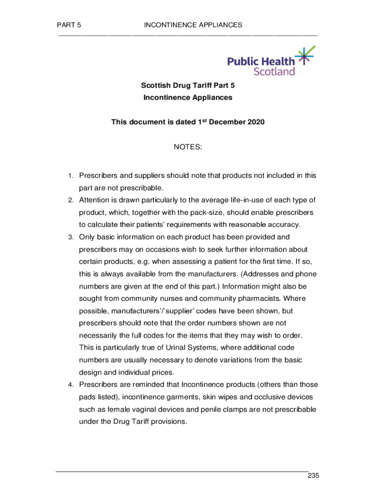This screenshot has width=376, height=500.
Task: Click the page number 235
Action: (x=313, y=476)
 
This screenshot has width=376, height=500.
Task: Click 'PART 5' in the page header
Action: (x=69, y=25)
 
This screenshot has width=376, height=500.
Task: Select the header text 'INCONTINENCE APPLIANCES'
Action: (x=193, y=25)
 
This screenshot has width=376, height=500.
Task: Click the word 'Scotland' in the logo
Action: (x=274, y=71)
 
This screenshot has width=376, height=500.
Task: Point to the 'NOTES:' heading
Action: (x=188, y=146)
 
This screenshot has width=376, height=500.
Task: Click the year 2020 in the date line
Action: (x=255, y=122)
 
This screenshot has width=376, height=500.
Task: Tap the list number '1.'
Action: (x=70, y=176)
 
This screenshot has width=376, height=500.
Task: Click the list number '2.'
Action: (x=70, y=200)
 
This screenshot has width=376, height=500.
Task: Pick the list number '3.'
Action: (x=70, y=237)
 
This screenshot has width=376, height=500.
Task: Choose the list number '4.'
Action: (x=70, y=384)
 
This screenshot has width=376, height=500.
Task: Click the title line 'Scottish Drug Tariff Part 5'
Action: (x=188, y=85)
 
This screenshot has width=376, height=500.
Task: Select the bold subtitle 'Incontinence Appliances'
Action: (x=188, y=97)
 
